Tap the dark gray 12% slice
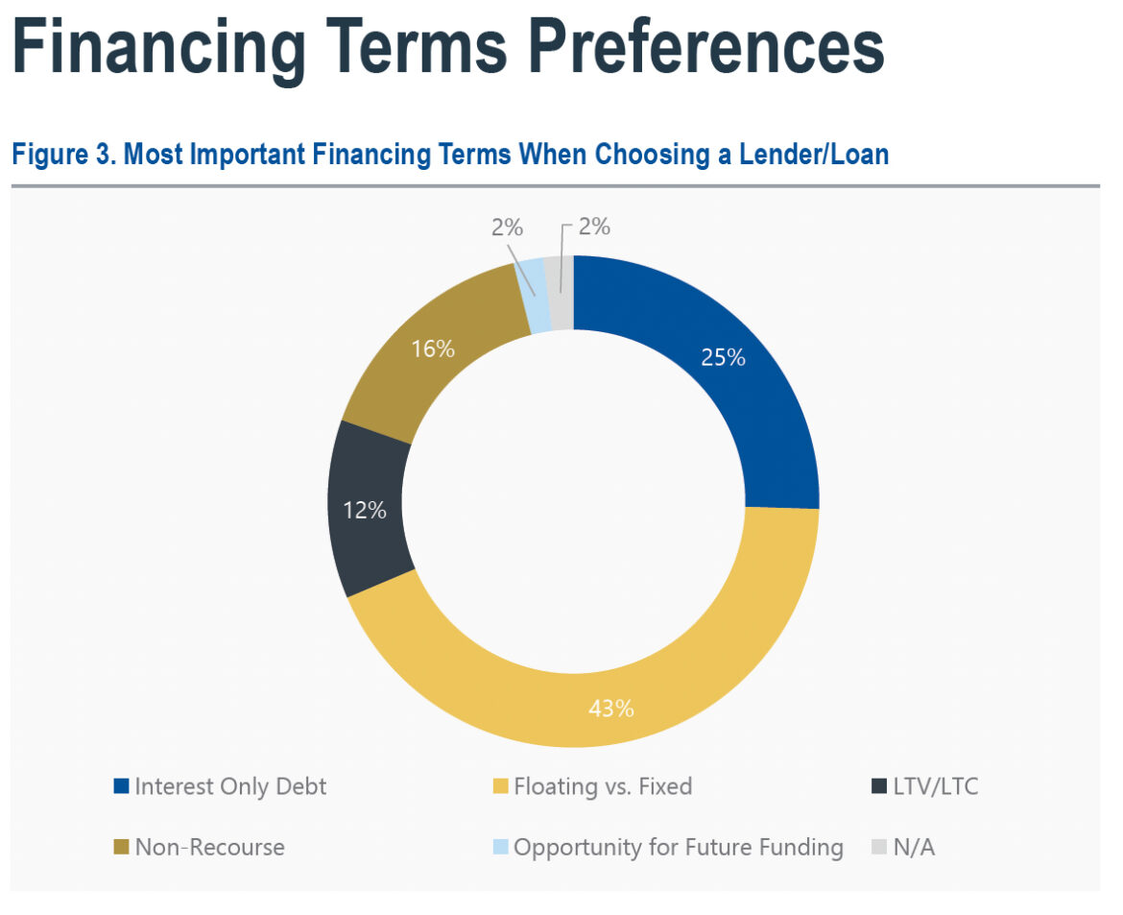(x=370, y=509)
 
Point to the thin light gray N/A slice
(x=561, y=293)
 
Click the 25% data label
(x=723, y=357)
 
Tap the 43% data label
(x=611, y=709)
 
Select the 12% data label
(x=365, y=510)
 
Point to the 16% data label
(x=433, y=349)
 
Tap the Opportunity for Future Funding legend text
(x=678, y=847)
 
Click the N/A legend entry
(x=914, y=847)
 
